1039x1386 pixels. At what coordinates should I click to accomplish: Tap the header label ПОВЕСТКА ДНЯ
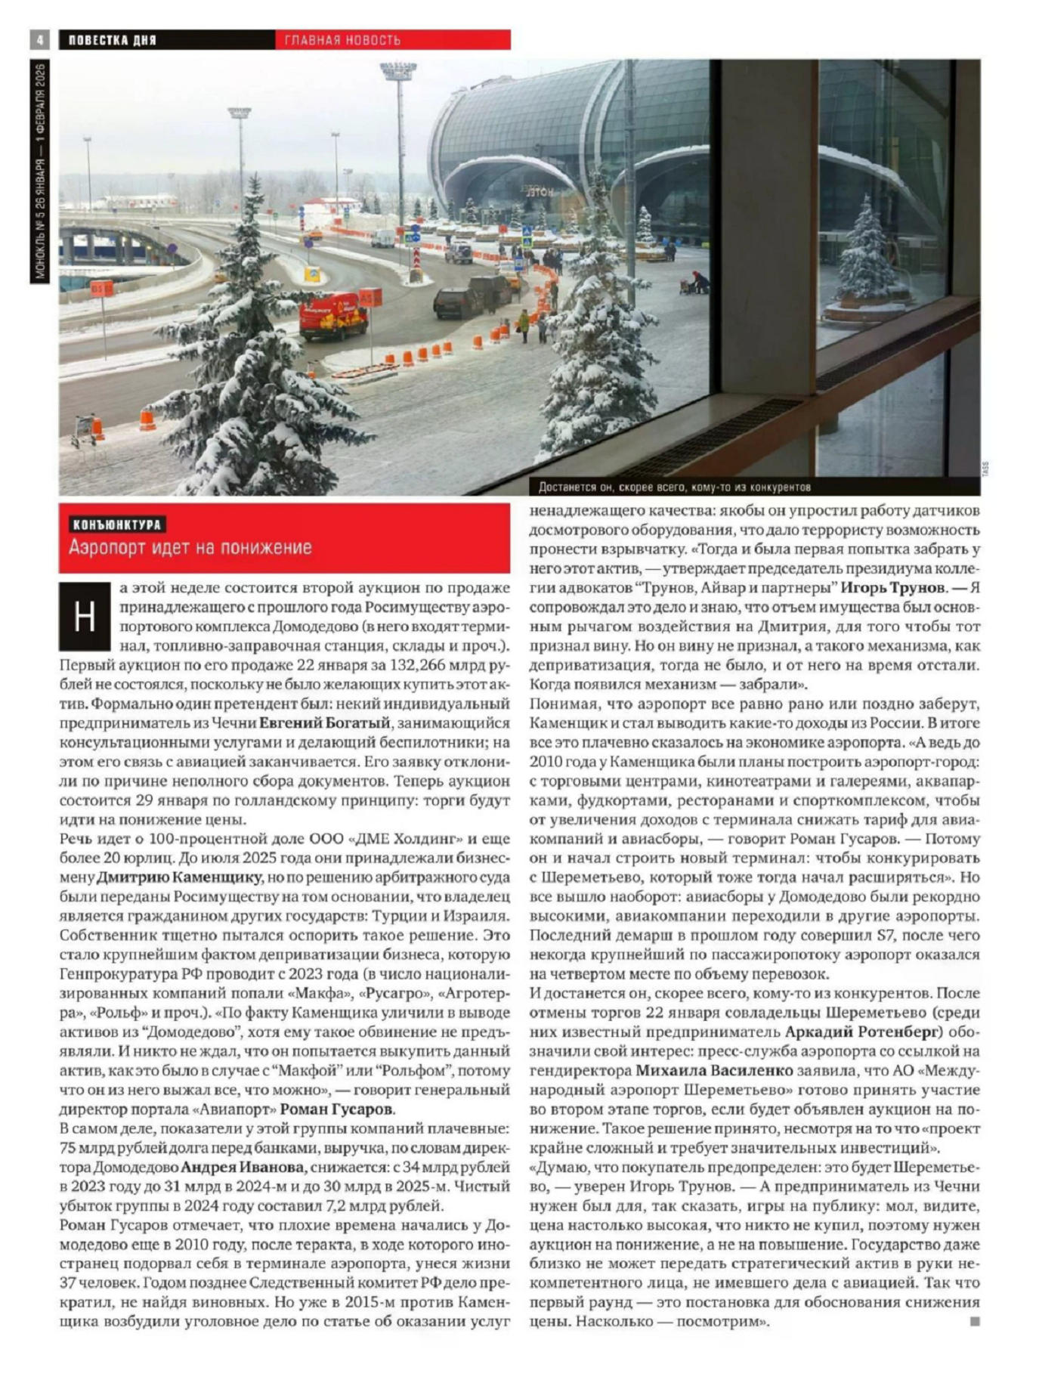[x=113, y=40]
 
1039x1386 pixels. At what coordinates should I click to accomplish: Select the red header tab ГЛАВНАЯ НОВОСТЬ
[x=343, y=40]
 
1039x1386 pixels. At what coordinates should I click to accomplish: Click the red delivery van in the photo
[x=333, y=314]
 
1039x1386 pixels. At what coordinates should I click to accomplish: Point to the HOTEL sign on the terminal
[x=540, y=191]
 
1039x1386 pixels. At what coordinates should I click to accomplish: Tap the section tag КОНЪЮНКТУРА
[x=117, y=524]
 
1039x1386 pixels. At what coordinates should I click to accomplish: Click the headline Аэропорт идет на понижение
[x=190, y=547]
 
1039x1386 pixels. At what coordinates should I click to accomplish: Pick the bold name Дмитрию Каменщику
[x=179, y=877]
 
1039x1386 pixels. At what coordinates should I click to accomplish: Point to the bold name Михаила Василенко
[x=714, y=1071]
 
